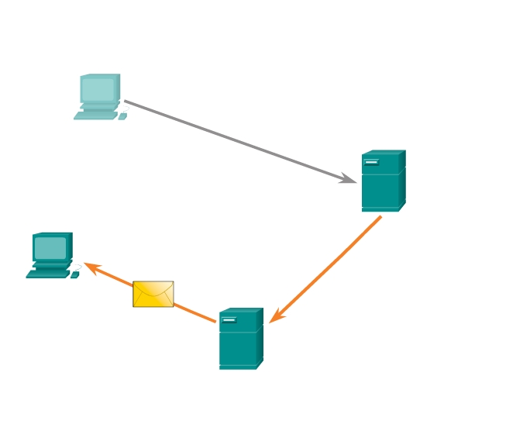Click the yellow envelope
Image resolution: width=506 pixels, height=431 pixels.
pyautogui.click(x=153, y=294)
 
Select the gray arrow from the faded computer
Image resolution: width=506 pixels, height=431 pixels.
pyautogui.click(x=232, y=140)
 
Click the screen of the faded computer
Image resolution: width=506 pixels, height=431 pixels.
pyautogui.click(x=98, y=90)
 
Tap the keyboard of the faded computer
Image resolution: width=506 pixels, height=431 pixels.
pyautogui.click(x=95, y=116)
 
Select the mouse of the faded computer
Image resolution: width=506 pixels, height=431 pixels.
pyautogui.click(x=122, y=116)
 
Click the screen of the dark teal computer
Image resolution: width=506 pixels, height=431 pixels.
pyautogui.click(x=50, y=248)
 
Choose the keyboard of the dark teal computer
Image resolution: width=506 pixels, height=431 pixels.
pyautogui.click(x=47, y=274)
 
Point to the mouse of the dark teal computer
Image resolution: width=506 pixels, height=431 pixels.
pyautogui.click(x=74, y=274)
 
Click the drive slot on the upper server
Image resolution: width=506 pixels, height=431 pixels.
pyautogui.click(x=371, y=162)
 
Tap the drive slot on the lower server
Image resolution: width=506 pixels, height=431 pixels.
pyautogui.click(x=229, y=319)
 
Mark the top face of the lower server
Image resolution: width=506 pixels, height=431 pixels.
pyautogui.click(x=241, y=311)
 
